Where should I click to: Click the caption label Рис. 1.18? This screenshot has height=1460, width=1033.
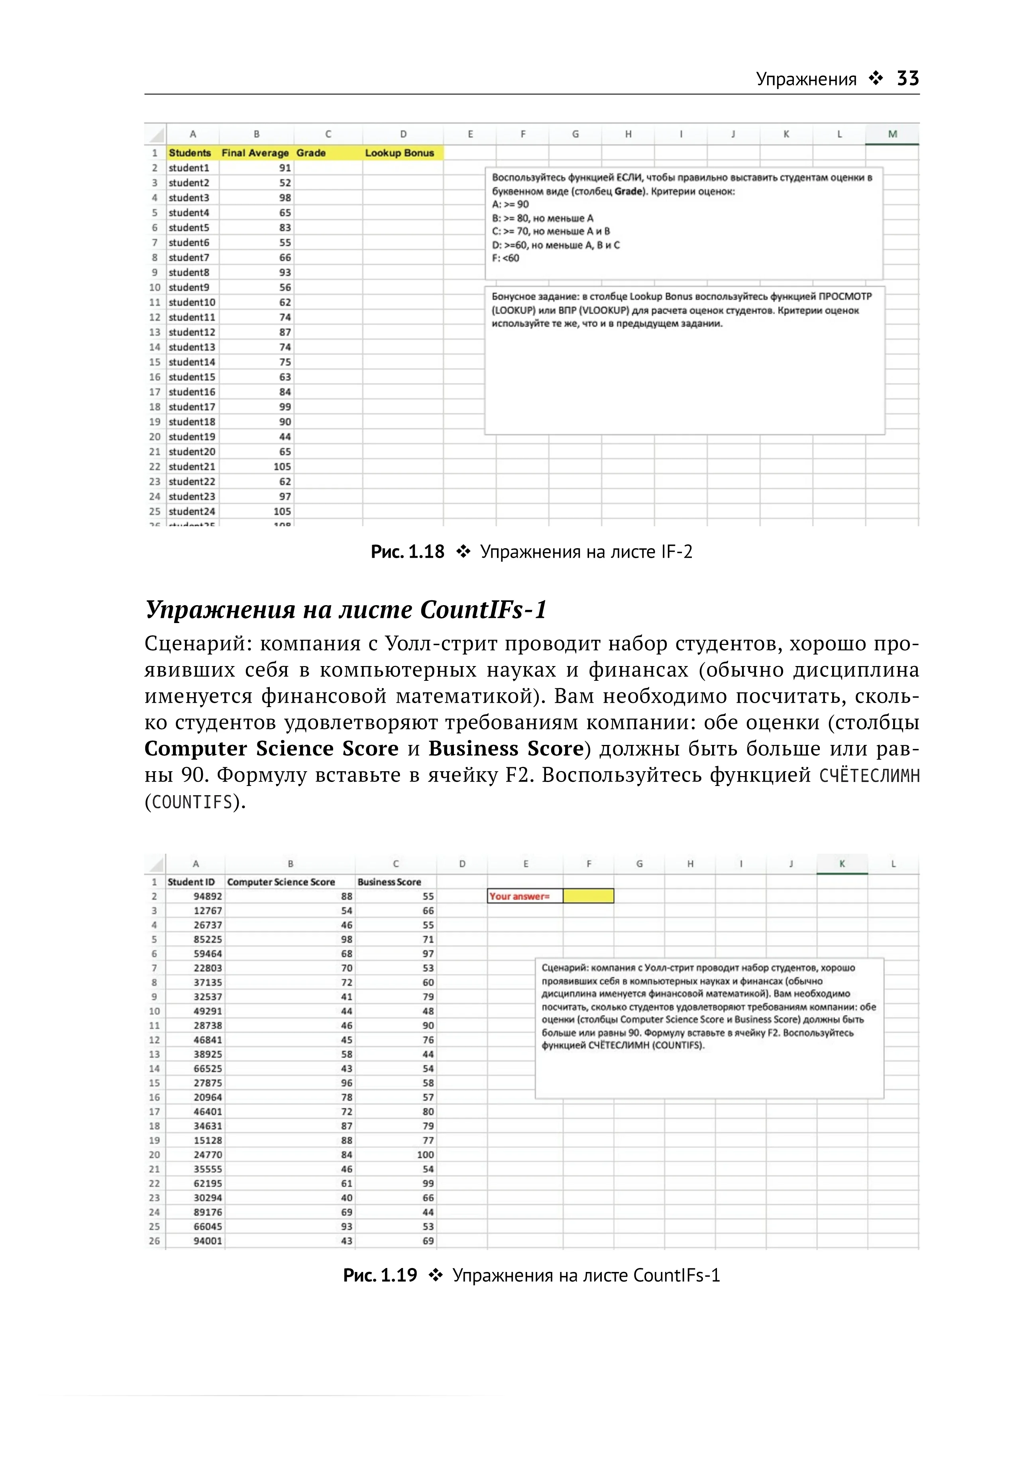tap(407, 552)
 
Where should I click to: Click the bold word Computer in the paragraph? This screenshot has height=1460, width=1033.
tap(196, 749)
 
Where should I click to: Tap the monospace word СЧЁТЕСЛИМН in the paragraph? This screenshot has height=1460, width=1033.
tap(869, 776)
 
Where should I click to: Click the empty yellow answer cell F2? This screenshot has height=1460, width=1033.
tap(588, 896)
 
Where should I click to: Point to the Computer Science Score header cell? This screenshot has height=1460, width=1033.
tap(281, 882)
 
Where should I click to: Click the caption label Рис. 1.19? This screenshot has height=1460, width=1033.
tap(380, 1275)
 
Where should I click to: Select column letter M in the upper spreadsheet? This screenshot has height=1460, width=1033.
tap(892, 134)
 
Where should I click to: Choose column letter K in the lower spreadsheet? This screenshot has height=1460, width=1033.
tap(842, 864)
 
